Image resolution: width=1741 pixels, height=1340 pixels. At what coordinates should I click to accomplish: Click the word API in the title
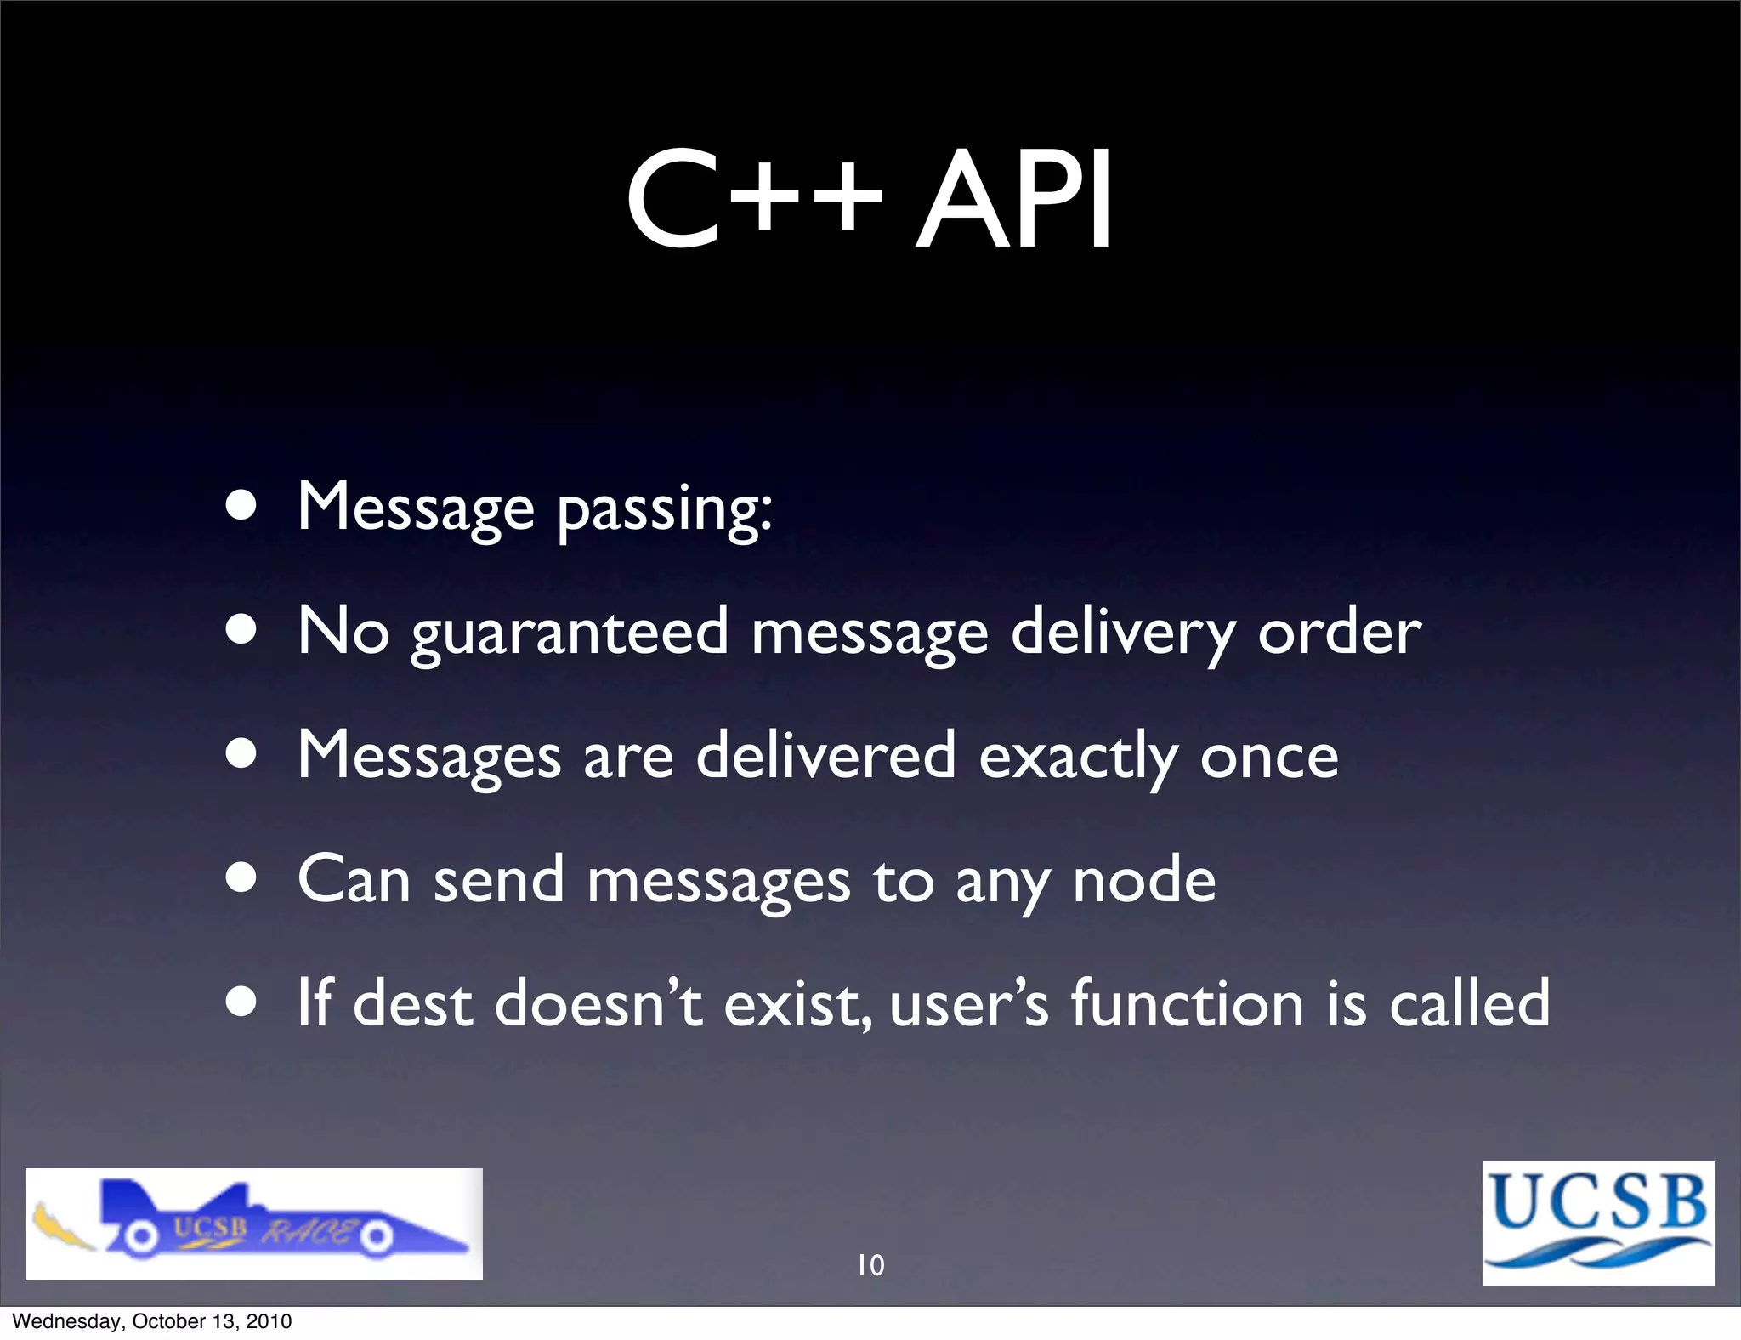[1013, 202]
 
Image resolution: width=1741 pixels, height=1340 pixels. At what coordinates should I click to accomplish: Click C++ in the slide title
[753, 202]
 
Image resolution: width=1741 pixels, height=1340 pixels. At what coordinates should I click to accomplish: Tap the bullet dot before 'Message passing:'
[242, 508]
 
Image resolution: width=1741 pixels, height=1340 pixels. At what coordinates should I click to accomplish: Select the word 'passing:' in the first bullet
[664, 509]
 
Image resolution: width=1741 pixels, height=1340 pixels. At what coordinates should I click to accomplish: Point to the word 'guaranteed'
[570, 633]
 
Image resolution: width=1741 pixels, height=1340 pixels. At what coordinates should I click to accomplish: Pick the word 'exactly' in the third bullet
[1078, 756]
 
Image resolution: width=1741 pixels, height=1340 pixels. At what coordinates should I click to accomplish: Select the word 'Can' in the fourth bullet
[354, 880]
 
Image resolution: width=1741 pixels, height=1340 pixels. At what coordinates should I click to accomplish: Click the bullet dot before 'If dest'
[242, 1003]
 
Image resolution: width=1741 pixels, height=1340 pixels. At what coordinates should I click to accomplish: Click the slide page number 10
[870, 1265]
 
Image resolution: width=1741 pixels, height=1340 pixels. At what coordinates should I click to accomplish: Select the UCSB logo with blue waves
[1598, 1223]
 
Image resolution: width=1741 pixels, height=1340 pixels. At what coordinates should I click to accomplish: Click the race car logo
[253, 1224]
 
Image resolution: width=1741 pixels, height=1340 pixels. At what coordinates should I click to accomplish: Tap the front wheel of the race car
[375, 1239]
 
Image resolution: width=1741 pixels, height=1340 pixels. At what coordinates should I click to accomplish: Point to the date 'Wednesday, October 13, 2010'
[152, 1321]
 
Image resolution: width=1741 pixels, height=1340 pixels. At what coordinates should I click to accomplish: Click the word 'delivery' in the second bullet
[1122, 633]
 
